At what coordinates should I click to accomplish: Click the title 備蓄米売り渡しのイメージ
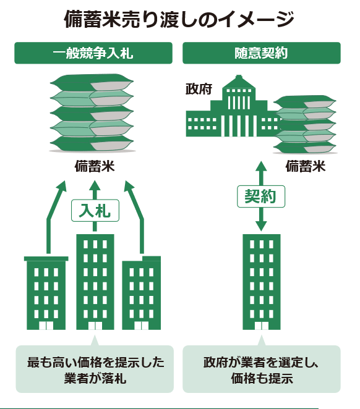coord(179,19)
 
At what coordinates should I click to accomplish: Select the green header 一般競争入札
coord(93,53)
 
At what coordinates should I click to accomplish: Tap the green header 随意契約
coord(261,53)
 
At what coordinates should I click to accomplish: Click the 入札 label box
coord(95,211)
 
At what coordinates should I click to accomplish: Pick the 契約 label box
coord(261,196)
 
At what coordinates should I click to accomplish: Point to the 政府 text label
coord(199,89)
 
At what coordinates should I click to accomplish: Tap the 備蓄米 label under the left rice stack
coord(95,166)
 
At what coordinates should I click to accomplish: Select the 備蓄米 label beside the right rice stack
coord(306,166)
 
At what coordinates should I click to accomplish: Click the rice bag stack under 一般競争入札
coord(92,113)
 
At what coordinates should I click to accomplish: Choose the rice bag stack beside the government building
coord(305,124)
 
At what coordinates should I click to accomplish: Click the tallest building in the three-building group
coord(95,282)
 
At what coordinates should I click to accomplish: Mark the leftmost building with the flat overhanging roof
coord(46,293)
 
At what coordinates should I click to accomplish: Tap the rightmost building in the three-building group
coord(142,293)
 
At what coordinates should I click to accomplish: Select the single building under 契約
coord(262,282)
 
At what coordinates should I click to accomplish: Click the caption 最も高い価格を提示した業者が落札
coord(95,370)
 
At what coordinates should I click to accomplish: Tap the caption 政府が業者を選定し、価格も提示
coord(261,370)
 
